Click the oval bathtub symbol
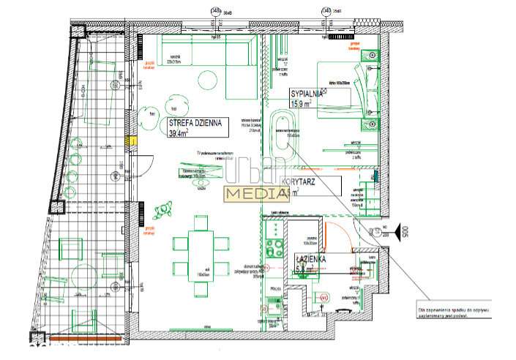[281, 130]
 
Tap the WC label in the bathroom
[321, 299]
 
